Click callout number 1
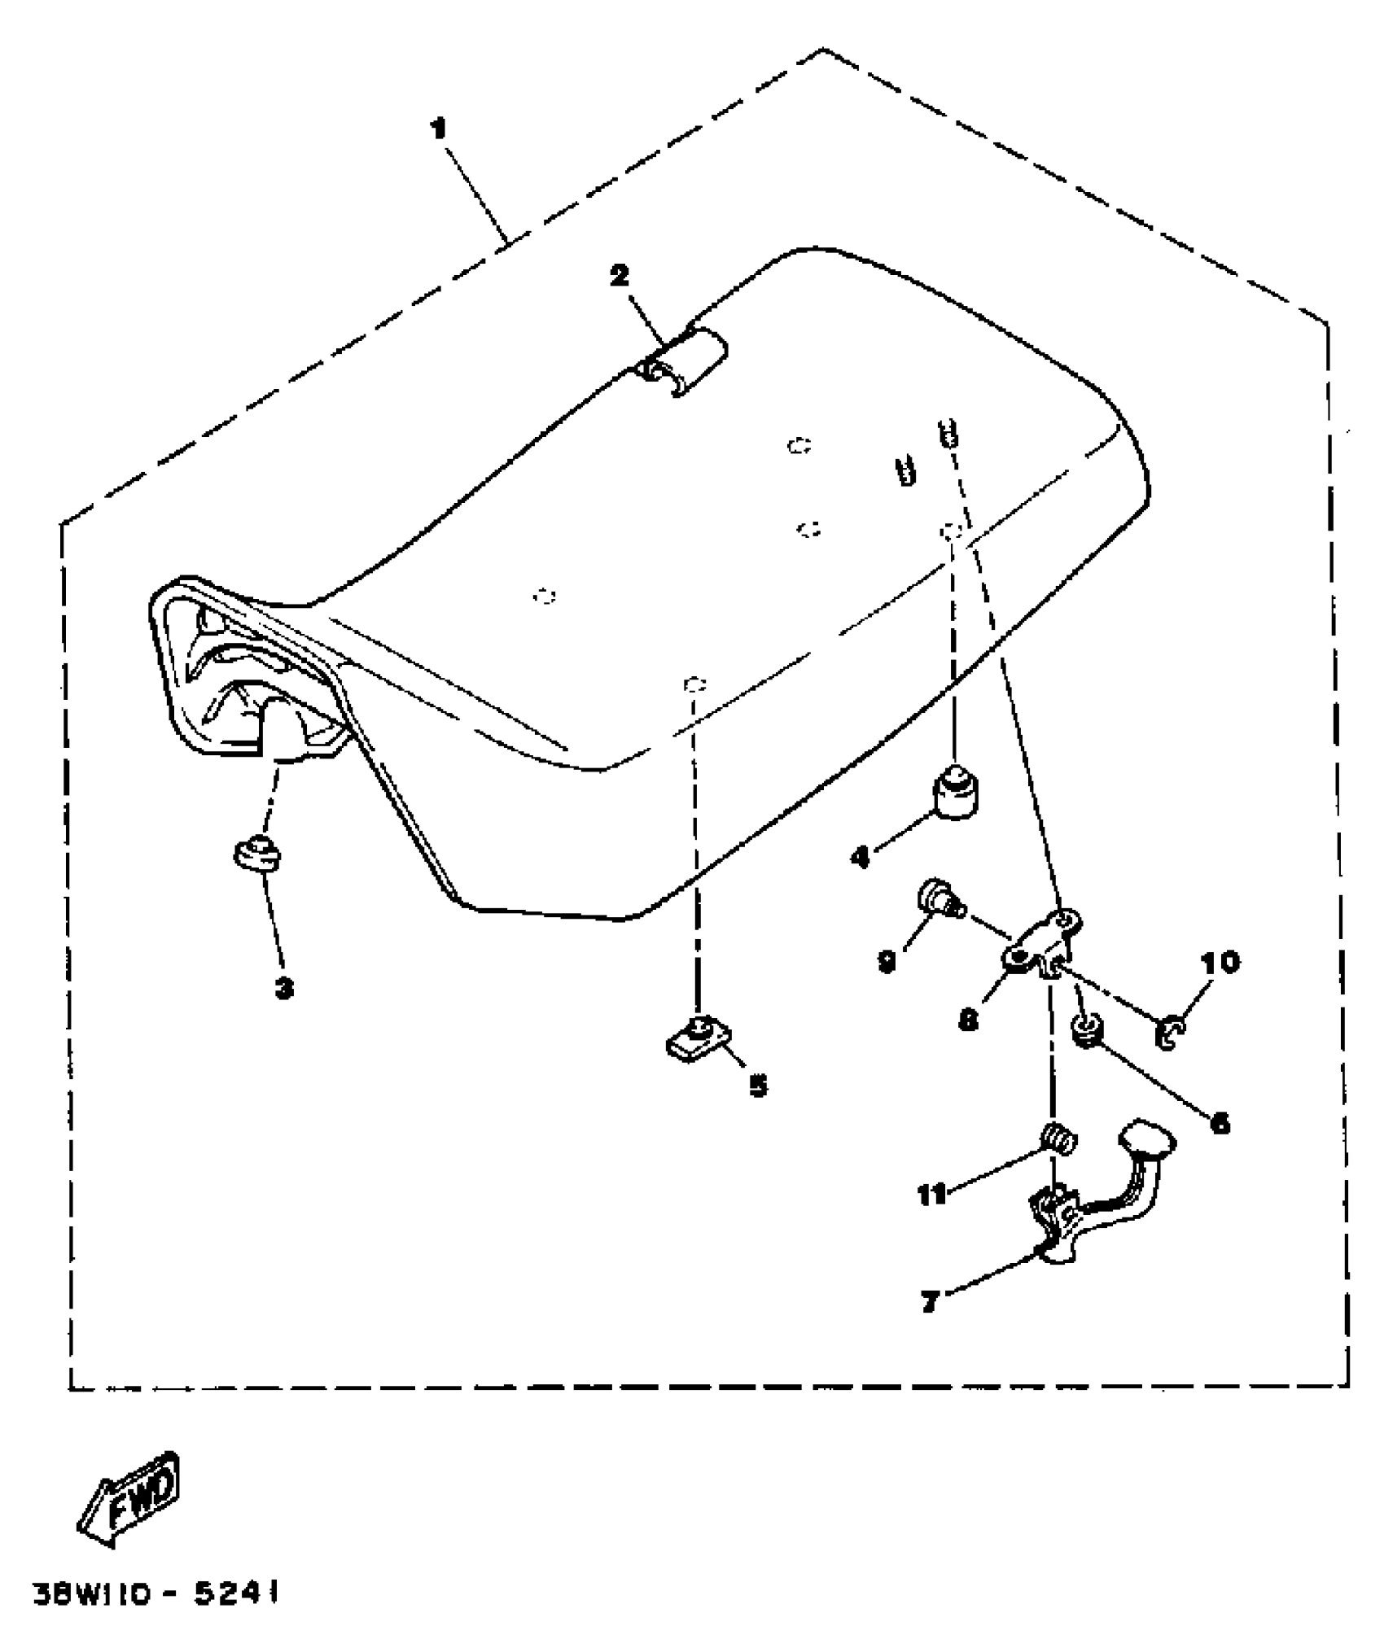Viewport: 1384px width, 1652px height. coord(439,129)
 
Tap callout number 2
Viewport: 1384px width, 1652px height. coord(620,276)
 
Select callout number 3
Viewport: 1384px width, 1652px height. coord(283,989)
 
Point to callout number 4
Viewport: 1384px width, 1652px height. coord(861,856)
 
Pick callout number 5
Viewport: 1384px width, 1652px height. coord(758,1085)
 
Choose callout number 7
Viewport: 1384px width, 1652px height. coord(931,1302)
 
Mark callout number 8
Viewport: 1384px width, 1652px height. coord(967,1020)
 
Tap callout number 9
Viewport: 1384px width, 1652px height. coord(887,961)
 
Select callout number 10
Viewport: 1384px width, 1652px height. coord(1219,962)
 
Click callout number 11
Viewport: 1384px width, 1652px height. coord(932,1194)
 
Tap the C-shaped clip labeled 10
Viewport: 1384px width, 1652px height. coord(1169,1034)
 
